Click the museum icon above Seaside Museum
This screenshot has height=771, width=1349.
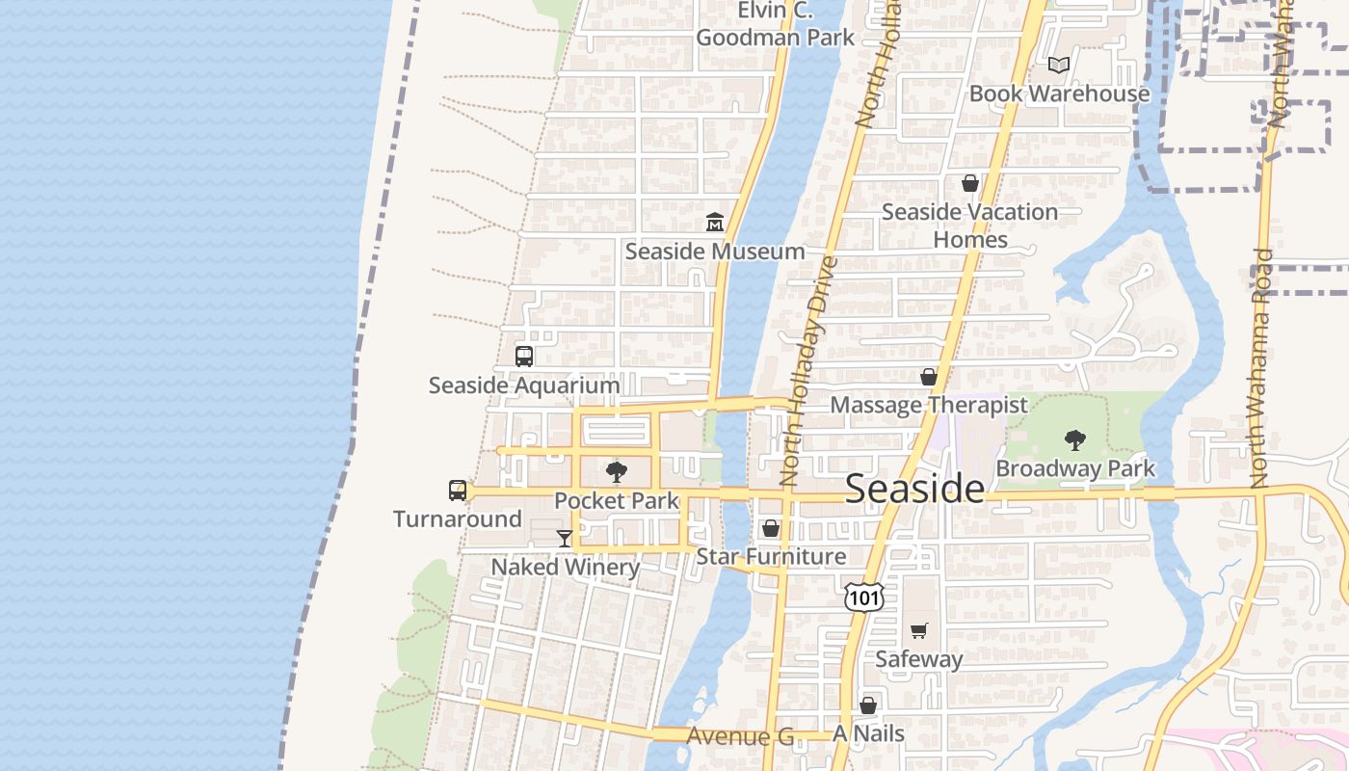click(714, 223)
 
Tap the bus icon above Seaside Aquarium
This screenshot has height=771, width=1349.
click(524, 356)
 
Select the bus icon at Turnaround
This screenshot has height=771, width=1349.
click(458, 491)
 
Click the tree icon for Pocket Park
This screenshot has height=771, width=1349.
click(617, 472)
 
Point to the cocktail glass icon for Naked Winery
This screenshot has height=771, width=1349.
click(565, 539)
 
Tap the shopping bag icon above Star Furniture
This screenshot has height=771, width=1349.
click(770, 528)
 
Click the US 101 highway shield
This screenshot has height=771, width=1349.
click(862, 598)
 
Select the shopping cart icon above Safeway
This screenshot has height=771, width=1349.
click(918, 631)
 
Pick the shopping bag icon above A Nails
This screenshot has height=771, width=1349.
click(868, 705)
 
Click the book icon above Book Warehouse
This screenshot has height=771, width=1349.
click(1059, 65)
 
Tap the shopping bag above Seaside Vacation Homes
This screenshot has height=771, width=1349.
click(969, 183)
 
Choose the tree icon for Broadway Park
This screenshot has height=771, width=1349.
click(1074, 440)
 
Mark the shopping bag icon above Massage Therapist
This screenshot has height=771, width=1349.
click(928, 377)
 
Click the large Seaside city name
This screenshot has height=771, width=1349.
click(914, 490)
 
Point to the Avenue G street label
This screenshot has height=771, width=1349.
click(740, 737)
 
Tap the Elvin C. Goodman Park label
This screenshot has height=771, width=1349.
click(775, 25)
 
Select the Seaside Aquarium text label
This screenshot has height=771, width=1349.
click(524, 385)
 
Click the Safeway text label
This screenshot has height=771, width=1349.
click(918, 660)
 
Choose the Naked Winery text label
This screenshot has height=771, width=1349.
click(565, 567)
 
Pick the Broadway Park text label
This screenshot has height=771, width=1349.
click(1074, 469)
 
